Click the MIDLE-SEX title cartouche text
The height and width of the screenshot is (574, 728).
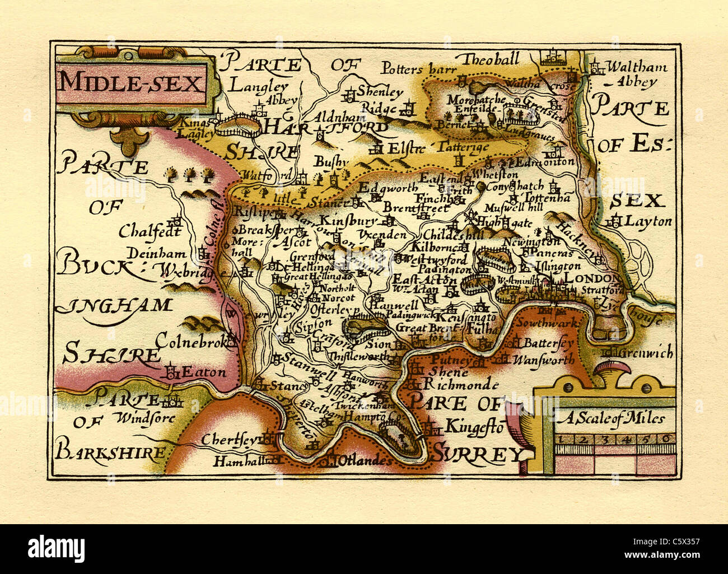click(130, 83)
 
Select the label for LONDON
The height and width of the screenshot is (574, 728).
click(593, 278)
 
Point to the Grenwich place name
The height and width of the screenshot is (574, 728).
click(644, 353)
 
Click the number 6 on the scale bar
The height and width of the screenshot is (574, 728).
click(666, 439)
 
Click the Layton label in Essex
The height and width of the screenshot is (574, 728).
click(647, 221)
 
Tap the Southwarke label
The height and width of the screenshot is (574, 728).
click(542, 323)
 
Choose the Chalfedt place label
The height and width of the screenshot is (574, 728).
click(150, 231)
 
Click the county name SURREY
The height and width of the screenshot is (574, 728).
click(475, 454)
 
